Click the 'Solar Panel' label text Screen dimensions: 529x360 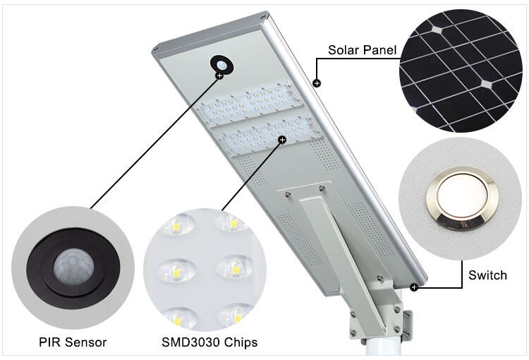pyautogui.click(x=362, y=50)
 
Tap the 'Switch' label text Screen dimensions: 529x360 pyautogui.click(x=487, y=275)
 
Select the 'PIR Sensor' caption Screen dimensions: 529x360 pyautogui.click(x=73, y=342)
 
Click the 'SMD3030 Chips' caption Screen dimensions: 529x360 pyautogui.click(x=209, y=342)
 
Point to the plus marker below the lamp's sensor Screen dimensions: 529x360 pyautogui.click(x=219, y=76)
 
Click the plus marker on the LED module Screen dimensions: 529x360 pyautogui.click(x=282, y=140)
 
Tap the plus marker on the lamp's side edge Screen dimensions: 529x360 pyautogui.click(x=317, y=83)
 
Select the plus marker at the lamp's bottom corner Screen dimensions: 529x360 pyautogui.click(x=414, y=287)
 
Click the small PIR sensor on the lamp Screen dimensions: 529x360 pyautogui.click(x=221, y=64)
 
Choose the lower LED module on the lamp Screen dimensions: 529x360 pyautogui.click(x=269, y=136)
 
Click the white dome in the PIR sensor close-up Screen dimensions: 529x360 pyautogui.click(x=73, y=267)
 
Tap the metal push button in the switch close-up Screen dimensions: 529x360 pyautogui.click(x=462, y=202)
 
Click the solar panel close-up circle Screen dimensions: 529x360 pyautogui.click(x=460, y=71)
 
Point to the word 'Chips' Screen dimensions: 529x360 pyautogui.click(x=241, y=342)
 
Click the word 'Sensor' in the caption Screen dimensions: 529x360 pyautogui.click(x=85, y=342)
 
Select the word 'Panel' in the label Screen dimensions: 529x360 pyautogui.click(x=379, y=50)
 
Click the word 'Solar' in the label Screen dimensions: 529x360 pyautogui.click(x=343, y=50)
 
